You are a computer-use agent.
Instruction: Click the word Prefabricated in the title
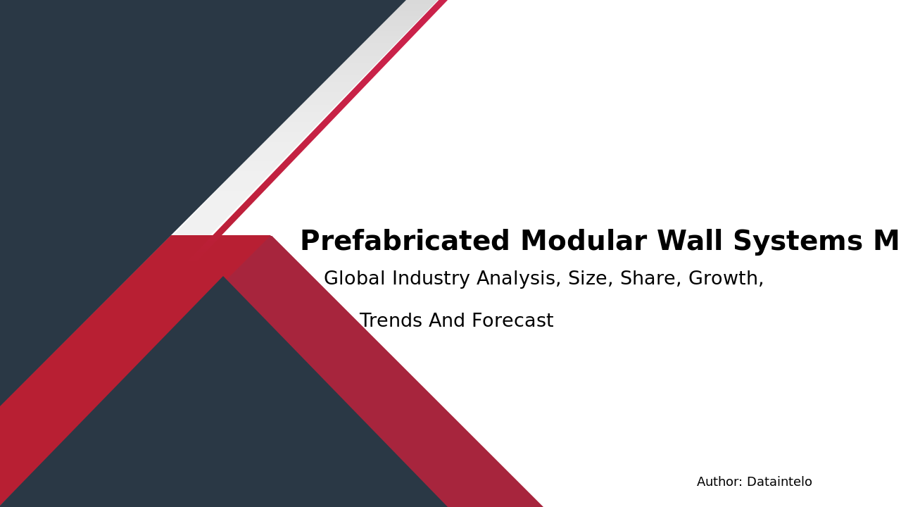(x=405, y=242)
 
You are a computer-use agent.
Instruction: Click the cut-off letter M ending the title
(x=886, y=242)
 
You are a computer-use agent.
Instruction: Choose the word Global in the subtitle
(x=355, y=279)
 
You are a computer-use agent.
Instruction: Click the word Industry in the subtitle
(x=431, y=279)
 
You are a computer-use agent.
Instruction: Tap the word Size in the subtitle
(x=590, y=279)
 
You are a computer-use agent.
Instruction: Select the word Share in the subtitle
(x=650, y=279)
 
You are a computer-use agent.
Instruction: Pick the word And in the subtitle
(x=445, y=321)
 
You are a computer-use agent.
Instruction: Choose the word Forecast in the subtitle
(x=512, y=321)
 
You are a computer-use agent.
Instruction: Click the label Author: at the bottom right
(x=719, y=482)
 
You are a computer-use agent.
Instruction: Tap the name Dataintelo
(x=779, y=482)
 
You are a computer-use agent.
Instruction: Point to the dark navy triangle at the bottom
(x=225, y=423)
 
